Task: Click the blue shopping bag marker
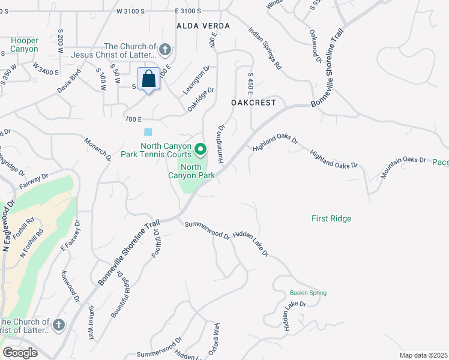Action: (148, 79)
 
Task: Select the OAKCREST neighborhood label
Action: (253, 103)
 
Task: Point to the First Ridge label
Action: (331, 218)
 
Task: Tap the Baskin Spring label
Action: (308, 293)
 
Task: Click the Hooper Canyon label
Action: (24, 44)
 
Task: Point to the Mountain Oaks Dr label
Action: (403, 168)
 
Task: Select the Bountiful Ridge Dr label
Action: (121, 294)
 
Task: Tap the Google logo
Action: (20, 353)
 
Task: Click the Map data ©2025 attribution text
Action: (423, 355)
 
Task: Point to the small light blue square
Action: (148, 132)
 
